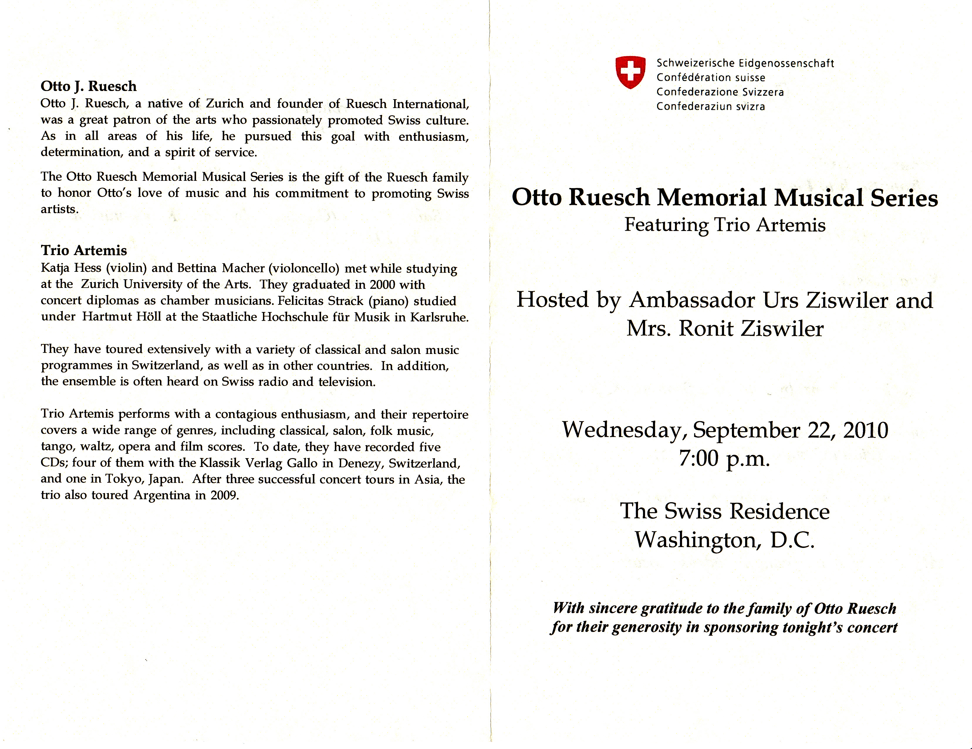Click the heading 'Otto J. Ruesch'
tap(89, 86)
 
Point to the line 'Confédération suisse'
tap(711, 77)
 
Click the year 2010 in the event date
tap(866, 430)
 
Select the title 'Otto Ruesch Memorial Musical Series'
tap(725, 197)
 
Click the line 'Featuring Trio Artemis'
tap(725, 225)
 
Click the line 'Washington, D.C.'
tap(725, 539)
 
